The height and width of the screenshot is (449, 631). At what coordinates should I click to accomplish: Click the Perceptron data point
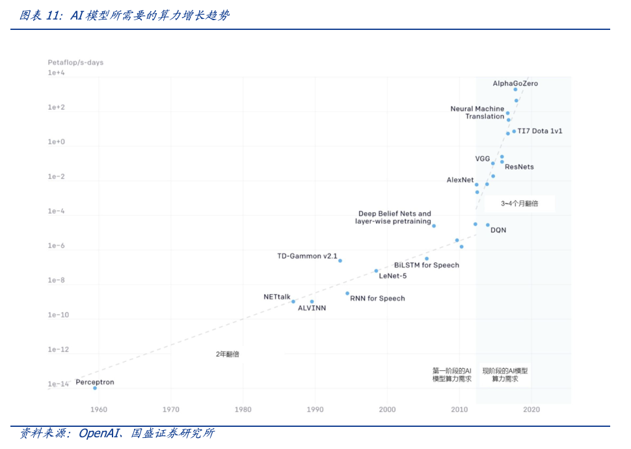95,388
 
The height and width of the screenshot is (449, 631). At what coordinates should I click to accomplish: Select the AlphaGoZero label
515,83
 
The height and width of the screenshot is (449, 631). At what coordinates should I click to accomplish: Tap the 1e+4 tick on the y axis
57,73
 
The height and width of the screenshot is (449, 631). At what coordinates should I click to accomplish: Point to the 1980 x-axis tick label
243,409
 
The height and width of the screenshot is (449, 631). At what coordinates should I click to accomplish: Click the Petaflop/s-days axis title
75,62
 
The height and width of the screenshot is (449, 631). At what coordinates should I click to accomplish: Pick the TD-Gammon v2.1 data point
340,260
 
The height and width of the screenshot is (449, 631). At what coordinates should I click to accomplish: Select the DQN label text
498,230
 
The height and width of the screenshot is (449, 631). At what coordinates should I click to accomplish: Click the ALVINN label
312,308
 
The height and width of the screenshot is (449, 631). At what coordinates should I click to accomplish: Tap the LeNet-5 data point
376,271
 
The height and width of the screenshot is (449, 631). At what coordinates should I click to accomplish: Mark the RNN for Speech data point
347,293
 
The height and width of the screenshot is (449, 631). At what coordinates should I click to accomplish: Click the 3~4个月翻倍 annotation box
519,204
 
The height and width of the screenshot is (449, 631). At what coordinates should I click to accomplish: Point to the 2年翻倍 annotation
228,354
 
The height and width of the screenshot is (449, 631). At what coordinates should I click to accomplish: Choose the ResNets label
519,167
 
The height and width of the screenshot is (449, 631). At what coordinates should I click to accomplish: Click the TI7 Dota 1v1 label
540,131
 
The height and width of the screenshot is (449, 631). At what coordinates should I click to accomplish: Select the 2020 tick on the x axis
531,409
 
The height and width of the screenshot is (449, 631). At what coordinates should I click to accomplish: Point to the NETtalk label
277,297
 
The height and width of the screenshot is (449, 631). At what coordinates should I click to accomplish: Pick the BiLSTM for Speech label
427,265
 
